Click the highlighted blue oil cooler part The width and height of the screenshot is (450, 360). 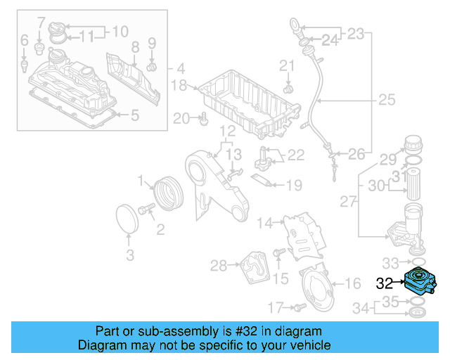420,283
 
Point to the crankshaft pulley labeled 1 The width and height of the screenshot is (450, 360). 166,194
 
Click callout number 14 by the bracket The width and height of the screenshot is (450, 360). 264,224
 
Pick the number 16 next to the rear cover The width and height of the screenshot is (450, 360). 353,283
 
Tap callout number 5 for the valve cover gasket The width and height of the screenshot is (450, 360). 135,114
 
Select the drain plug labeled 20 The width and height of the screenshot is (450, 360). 203,120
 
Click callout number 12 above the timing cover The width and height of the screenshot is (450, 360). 226,131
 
